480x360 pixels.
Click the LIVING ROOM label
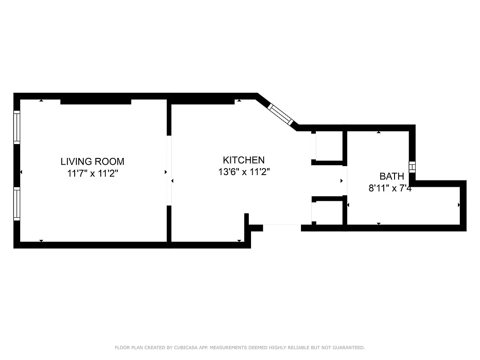tap(92, 161)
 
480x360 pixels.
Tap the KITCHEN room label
tap(243, 160)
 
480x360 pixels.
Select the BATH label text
tap(391, 176)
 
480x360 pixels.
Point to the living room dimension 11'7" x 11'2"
tap(93, 174)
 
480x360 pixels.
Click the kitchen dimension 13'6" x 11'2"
tap(243, 172)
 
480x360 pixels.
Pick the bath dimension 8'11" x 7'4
tap(390, 189)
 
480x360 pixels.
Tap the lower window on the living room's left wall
tap(17, 204)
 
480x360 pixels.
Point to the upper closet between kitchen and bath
tap(329, 146)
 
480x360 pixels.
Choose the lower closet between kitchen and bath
tap(329, 211)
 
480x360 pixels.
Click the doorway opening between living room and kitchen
tap(169, 171)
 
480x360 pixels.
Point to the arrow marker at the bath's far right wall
tap(459, 205)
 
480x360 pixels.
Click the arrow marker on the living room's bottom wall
tap(41, 241)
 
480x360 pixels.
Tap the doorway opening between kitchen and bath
tap(345, 180)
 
